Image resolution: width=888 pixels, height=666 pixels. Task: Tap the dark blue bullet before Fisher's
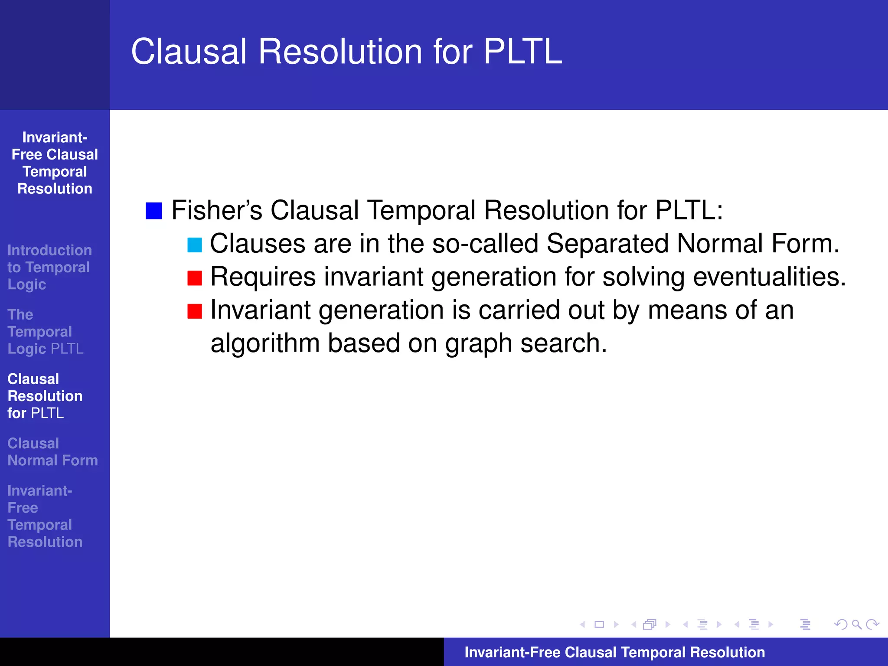(154, 211)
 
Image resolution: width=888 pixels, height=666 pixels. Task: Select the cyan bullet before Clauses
(195, 245)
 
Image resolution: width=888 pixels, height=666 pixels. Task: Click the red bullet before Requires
(195, 278)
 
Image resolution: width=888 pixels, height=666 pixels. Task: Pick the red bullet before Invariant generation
(195, 311)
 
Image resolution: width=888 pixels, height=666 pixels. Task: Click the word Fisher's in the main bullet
(217, 210)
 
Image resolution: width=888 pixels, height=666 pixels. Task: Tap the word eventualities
(769, 277)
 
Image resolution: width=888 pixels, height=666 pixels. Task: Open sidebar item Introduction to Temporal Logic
(49, 267)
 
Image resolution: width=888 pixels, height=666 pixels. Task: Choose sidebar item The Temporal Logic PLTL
(45, 332)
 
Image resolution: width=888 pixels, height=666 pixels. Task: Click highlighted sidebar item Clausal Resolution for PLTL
(45, 396)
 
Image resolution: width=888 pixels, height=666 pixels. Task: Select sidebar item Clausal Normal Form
(52, 452)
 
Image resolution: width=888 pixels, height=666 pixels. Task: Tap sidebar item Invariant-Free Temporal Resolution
(45, 516)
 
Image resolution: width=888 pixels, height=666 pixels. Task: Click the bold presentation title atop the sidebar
(55, 163)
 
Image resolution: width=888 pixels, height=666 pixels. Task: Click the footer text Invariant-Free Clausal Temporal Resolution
(614, 652)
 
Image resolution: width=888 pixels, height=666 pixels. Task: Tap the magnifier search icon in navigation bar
(856, 624)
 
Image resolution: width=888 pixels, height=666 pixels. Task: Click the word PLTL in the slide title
(522, 52)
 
